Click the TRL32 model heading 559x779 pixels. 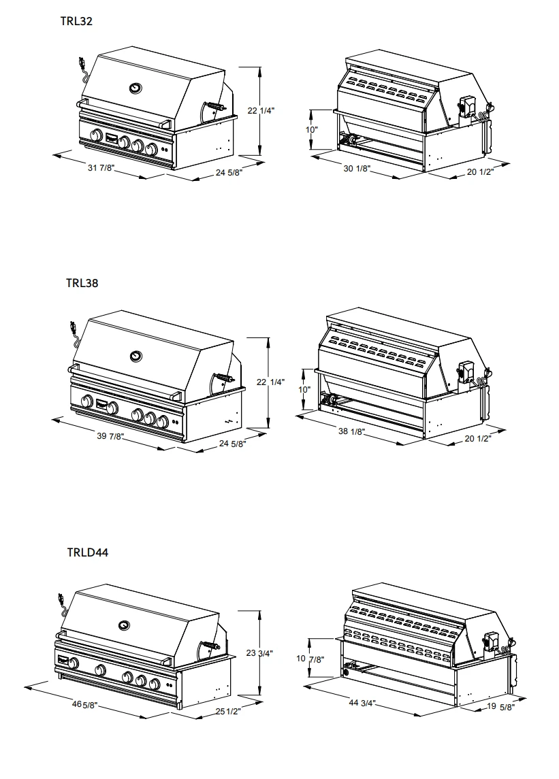pyautogui.click(x=76, y=21)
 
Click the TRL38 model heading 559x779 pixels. pyautogui.click(x=82, y=283)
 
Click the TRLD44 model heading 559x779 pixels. pyautogui.click(x=87, y=552)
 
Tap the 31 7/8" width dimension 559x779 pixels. pyautogui.click(x=101, y=169)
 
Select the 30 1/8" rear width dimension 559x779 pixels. pyautogui.click(x=357, y=168)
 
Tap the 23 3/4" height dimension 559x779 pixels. pyautogui.click(x=259, y=653)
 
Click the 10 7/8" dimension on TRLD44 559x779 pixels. pyautogui.click(x=310, y=659)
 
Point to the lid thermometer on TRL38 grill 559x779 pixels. pyautogui.click(x=135, y=354)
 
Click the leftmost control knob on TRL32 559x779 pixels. pyautogui.click(x=96, y=134)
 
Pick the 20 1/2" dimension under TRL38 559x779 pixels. pyautogui.click(x=479, y=439)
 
